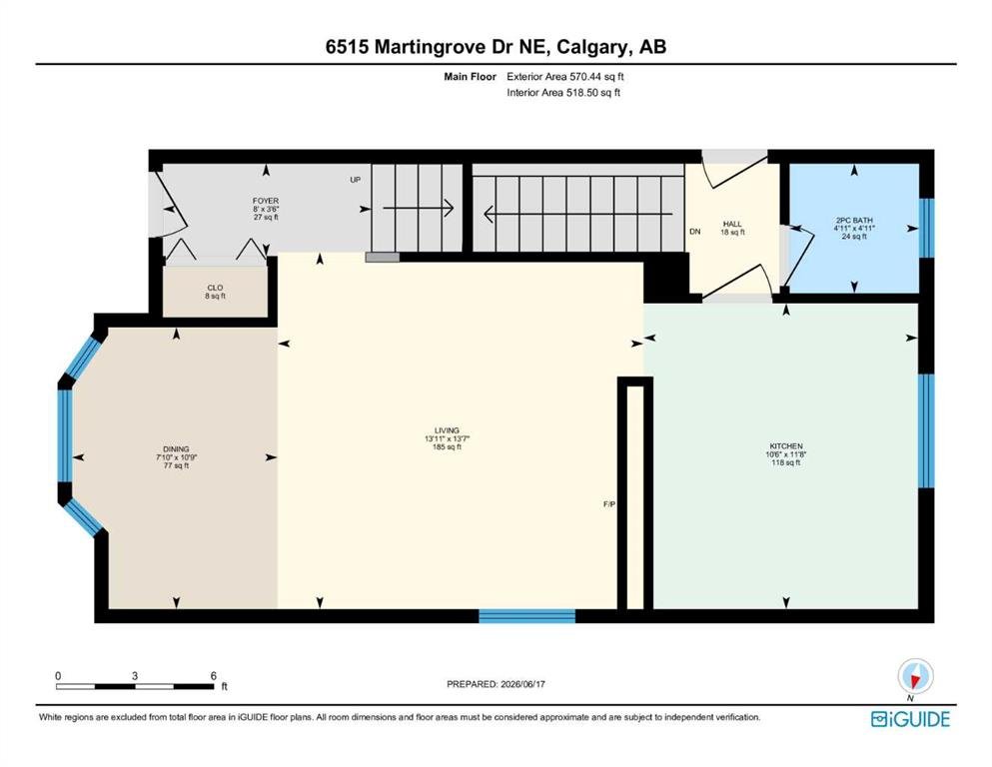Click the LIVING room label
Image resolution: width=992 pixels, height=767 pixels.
pyautogui.click(x=447, y=430)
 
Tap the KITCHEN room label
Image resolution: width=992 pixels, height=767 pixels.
pyautogui.click(x=786, y=446)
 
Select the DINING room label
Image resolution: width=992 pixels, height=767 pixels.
pyautogui.click(x=177, y=449)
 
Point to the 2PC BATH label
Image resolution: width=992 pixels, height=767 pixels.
pyautogui.click(x=854, y=221)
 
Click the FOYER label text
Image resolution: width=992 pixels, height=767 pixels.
pyautogui.click(x=266, y=201)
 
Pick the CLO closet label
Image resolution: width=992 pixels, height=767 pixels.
pyautogui.click(x=215, y=288)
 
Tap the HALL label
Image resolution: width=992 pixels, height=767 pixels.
pyautogui.click(x=732, y=224)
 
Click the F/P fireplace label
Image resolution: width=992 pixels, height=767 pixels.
pyautogui.click(x=609, y=504)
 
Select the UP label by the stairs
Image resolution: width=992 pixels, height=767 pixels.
pyautogui.click(x=356, y=180)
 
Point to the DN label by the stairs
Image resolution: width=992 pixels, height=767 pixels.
pyautogui.click(x=695, y=232)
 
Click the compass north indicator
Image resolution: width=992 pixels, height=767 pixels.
pyautogui.click(x=915, y=676)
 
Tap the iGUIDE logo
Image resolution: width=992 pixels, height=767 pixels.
pyautogui.click(x=910, y=719)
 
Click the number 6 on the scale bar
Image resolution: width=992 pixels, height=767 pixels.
pyautogui.click(x=214, y=676)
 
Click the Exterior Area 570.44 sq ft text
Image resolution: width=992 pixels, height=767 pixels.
pyautogui.click(x=565, y=77)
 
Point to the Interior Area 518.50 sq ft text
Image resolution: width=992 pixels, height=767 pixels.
pyautogui.click(x=563, y=92)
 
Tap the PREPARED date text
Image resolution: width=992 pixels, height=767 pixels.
pyautogui.click(x=496, y=684)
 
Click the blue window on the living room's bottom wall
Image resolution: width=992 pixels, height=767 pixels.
pyautogui.click(x=527, y=616)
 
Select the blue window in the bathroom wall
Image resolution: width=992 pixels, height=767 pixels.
pyautogui.click(x=926, y=229)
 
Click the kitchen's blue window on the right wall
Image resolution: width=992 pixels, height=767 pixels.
pyautogui.click(x=926, y=430)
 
